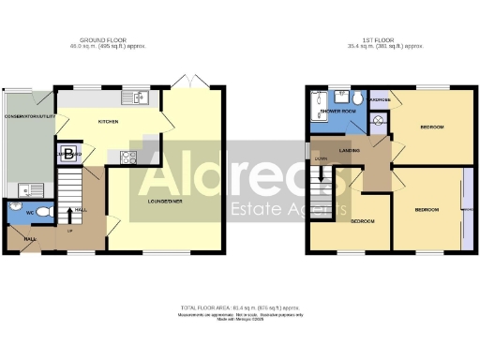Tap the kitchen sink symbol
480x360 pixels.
pos(137,96)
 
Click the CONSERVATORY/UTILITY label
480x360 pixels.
pos(27,117)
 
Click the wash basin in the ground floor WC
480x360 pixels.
pos(16,205)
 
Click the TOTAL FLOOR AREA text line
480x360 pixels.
pos(239,307)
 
